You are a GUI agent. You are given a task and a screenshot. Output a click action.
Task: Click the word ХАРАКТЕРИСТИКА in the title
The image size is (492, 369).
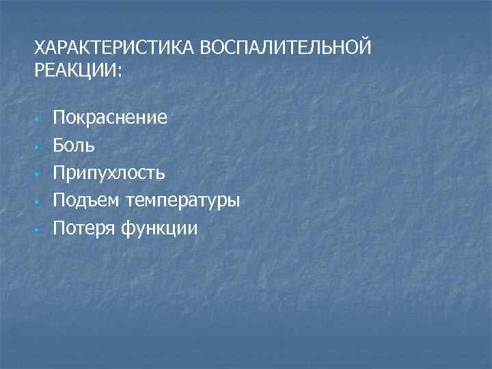(115, 49)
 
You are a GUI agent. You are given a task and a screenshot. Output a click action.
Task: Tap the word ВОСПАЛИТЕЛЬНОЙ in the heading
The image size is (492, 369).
(287, 49)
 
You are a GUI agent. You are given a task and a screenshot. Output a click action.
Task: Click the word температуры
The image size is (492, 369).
(182, 201)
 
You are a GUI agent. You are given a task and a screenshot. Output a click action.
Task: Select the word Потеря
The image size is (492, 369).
(85, 228)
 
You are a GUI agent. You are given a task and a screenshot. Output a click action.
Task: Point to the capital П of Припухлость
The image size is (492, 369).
(59, 172)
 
